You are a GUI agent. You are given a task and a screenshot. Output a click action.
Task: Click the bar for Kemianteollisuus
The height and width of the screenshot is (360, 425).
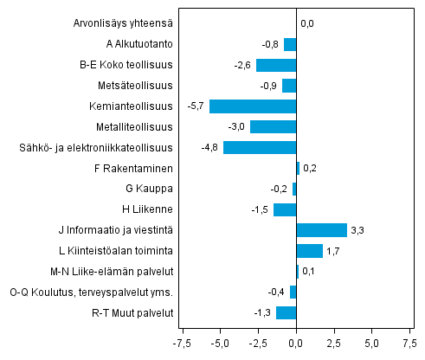pos(253,106)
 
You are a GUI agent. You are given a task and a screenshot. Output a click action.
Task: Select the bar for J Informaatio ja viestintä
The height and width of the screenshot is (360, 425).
pos(322,230)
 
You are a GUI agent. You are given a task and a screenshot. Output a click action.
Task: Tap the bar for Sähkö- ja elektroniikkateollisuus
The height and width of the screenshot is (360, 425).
pos(260,147)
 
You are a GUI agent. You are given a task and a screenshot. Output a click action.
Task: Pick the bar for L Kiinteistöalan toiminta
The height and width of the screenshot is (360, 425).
pos(310,251)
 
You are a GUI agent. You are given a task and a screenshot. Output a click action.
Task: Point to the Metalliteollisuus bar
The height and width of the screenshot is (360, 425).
pos(274,127)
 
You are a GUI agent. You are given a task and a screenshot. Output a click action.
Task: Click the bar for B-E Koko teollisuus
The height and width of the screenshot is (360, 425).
pos(276,65)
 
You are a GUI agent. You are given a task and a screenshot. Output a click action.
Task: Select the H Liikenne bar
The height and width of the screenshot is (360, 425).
pos(285,209)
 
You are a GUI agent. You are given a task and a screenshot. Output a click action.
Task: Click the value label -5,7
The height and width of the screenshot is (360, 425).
pos(196,106)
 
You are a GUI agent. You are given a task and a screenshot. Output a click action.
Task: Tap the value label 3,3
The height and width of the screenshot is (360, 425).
pos(358,230)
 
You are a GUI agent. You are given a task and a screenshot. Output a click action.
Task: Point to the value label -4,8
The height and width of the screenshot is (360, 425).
pos(209,147)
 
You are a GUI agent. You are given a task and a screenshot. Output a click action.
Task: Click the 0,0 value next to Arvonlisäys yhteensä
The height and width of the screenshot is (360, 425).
pos(307,23)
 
